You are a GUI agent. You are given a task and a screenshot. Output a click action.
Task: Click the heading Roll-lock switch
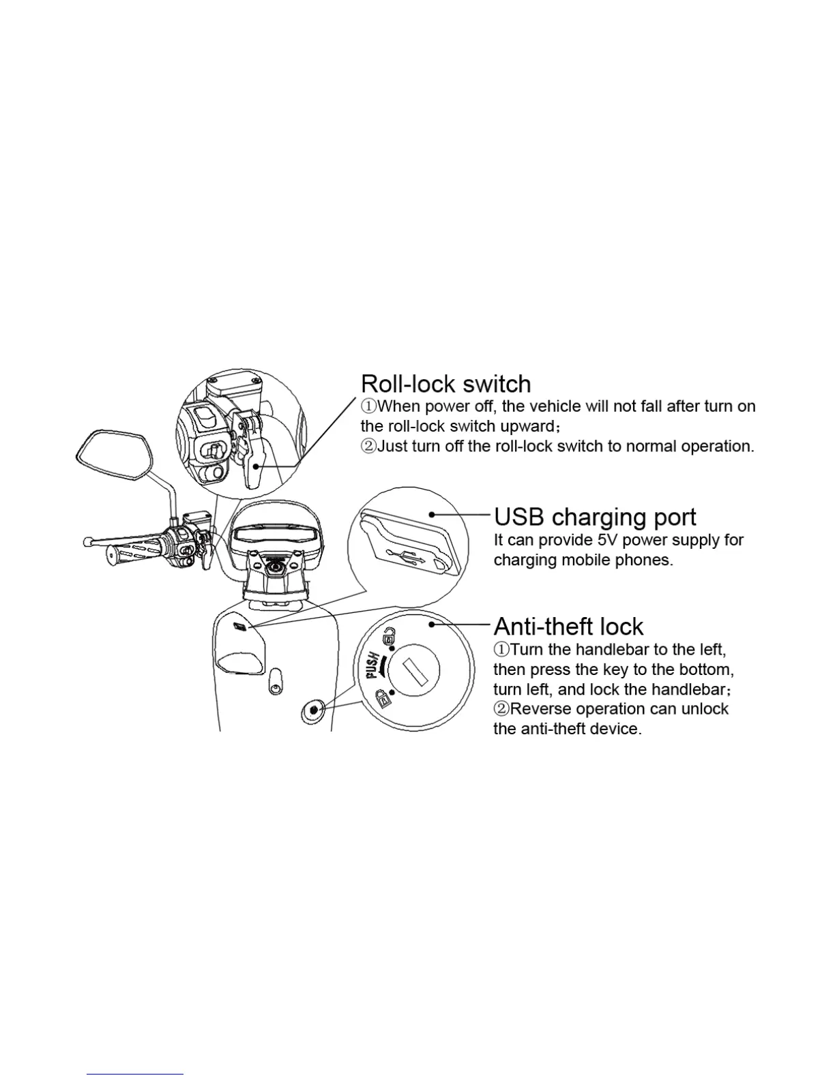click(445, 384)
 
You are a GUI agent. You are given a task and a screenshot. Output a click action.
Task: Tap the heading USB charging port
click(595, 517)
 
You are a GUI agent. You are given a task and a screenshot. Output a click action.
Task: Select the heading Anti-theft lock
click(568, 627)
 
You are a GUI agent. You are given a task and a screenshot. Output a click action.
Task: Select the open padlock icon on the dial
click(387, 637)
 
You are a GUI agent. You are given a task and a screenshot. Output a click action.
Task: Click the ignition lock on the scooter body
click(313, 710)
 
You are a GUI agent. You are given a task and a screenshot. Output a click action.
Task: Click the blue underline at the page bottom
click(135, 1075)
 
